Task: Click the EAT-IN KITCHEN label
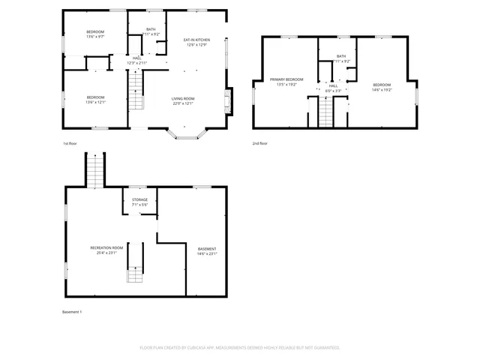coord(196,40)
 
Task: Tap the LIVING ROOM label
coord(183,98)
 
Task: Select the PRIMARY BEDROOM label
coord(286,79)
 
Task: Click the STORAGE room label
coord(139,199)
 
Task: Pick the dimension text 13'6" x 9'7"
coord(94,37)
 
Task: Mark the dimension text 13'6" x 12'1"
coord(94,103)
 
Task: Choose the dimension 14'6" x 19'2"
coord(382,90)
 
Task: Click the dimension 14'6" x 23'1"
coord(207,253)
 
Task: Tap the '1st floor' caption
coord(70,143)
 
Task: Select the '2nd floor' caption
coord(259,143)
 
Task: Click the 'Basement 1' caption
coord(71,311)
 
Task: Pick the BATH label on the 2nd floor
coord(341,56)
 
